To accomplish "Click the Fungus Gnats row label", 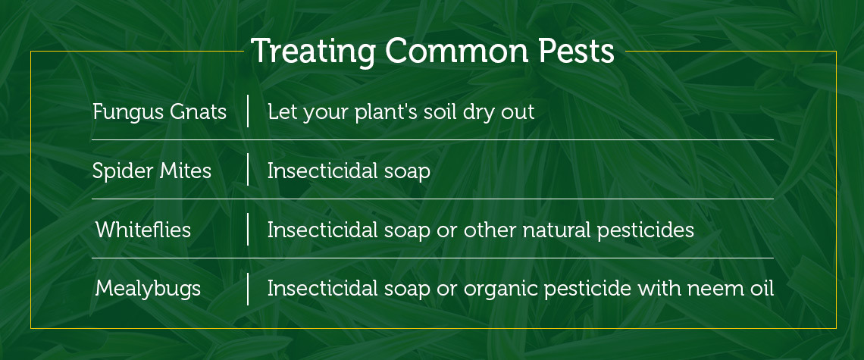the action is click(x=159, y=112).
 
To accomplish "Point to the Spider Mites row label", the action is click(x=152, y=171).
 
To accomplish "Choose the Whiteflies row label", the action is click(x=143, y=230).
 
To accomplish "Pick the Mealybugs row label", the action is click(x=148, y=289).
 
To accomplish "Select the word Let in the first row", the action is click(x=282, y=112).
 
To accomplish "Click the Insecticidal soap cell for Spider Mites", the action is click(x=349, y=171).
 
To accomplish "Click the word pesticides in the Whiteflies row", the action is click(x=645, y=230).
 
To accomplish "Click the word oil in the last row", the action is click(x=761, y=289).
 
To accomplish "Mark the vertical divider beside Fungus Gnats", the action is click(x=248, y=111).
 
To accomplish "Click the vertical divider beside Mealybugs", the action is click(x=248, y=288).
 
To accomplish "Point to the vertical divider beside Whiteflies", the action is click(x=248, y=229).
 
